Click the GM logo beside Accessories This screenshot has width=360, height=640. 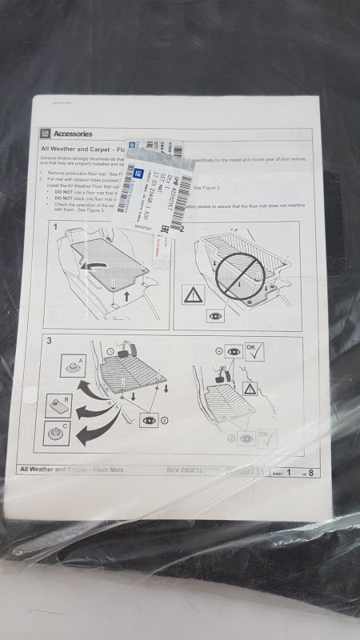[x=47, y=133]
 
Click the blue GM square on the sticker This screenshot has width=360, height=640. [x=137, y=170]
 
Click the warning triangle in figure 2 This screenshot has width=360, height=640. [x=194, y=296]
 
